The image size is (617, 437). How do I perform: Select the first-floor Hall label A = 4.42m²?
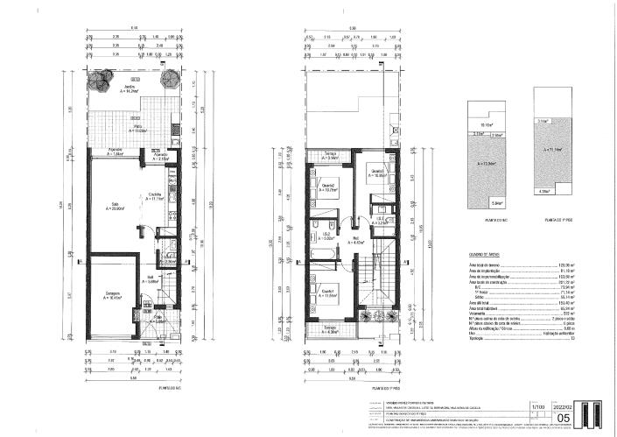click(356, 239)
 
